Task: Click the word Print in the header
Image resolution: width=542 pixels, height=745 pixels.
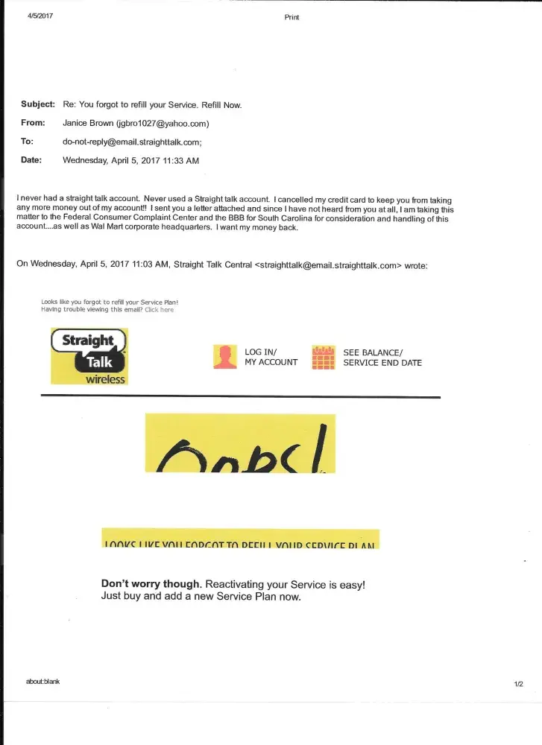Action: pyautogui.click(x=292, y=17)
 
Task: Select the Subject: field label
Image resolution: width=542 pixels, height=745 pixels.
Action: pyautogui.click(x=38, y=105)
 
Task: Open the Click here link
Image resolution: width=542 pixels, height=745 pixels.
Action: pyautogui.click(x=159, y=310)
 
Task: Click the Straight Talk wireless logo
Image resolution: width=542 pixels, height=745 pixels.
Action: pyautogui.click(x=89, y=356)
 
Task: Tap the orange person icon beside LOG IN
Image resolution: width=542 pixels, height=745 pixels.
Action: pyautogui.click(x=224, y=358)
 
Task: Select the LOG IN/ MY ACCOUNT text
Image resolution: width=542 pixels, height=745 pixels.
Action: pyautogui.click(x=271, y=357)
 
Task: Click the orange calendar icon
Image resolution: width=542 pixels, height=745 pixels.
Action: pyautogui.click(x=323, y=358)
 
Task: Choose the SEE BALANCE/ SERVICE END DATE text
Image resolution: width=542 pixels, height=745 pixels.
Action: pyautogui.click(x=382, y=357)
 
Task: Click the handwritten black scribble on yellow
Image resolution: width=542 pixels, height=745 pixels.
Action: pyautogui.click(x=240, y=445)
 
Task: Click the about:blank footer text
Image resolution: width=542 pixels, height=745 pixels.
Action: pyautogui.click(x=42, y=681)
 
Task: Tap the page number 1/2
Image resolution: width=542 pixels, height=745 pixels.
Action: pyautogui.click(x=518, y=683)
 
